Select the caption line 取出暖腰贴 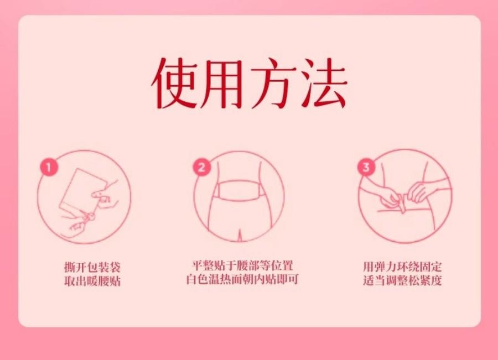point(92,281)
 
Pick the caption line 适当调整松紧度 point(402,281)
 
